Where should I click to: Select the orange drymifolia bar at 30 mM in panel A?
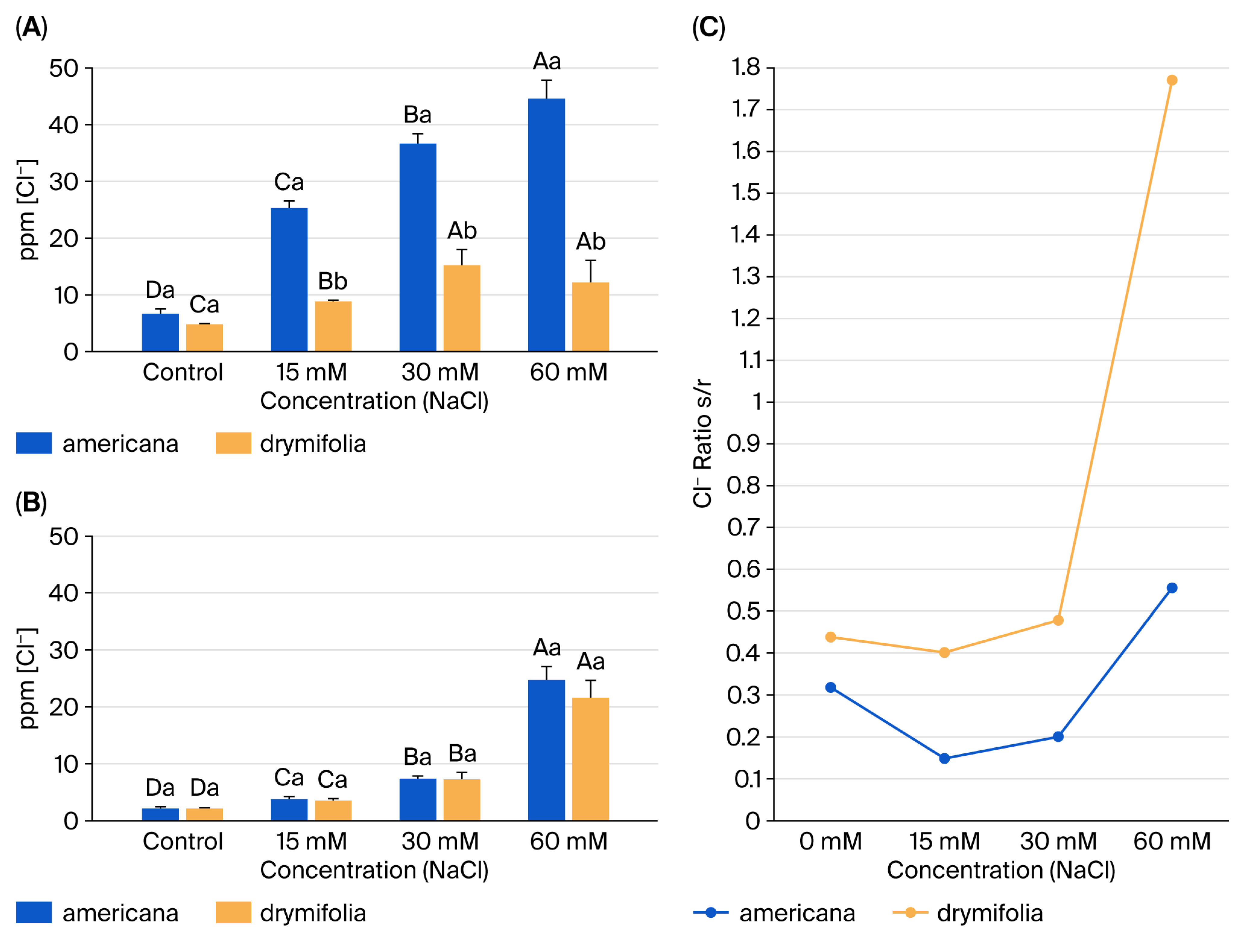(x=462, y=308)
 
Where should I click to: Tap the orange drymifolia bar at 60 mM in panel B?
(x=591, y=759)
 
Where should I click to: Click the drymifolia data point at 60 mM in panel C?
(x=1171, y=80)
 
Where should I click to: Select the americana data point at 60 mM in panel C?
(x=1171, y=588)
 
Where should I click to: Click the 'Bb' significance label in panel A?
(x=333, y=281)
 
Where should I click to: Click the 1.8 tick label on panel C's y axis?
(x=746, y=67)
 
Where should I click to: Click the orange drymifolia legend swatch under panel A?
(x=233, y=443)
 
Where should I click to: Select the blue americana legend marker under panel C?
(x=711, y=913)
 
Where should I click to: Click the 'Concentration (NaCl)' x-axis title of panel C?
(x=1001, y=870)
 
